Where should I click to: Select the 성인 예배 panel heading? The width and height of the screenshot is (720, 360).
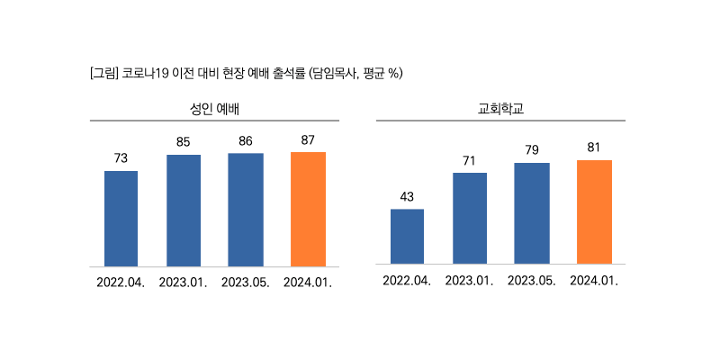point(213,109)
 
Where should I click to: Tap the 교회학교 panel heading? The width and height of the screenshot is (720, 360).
point(500,109)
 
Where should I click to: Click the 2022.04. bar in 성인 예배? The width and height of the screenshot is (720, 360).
point(121,219)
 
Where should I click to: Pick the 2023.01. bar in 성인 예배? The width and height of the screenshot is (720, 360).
point(184,211)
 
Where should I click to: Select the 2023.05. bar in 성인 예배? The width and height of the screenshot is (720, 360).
point(246,210)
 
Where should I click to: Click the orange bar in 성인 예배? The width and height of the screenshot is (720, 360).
point(308,209)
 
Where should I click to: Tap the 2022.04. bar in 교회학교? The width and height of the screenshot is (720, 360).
point(407,237)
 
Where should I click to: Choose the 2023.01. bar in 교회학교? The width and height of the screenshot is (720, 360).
point(470,218)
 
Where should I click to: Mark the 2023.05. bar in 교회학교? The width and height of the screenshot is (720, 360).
point(532,213)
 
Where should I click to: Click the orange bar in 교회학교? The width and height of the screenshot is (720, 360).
point(594,211)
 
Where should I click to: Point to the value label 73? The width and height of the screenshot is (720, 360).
point(121,158)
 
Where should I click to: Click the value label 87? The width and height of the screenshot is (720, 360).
point(308,139)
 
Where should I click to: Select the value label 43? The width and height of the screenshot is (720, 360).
point(407,197)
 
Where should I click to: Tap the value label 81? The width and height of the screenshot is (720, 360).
point(594,148)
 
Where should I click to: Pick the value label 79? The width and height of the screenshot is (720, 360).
point(532,150)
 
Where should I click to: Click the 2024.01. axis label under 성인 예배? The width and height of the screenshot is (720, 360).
point(308,282)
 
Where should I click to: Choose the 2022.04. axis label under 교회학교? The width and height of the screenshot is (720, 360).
point(407,280)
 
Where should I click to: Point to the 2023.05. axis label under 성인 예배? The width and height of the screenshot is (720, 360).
point(246,282)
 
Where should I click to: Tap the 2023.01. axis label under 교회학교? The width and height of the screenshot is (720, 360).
point(470,280)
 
